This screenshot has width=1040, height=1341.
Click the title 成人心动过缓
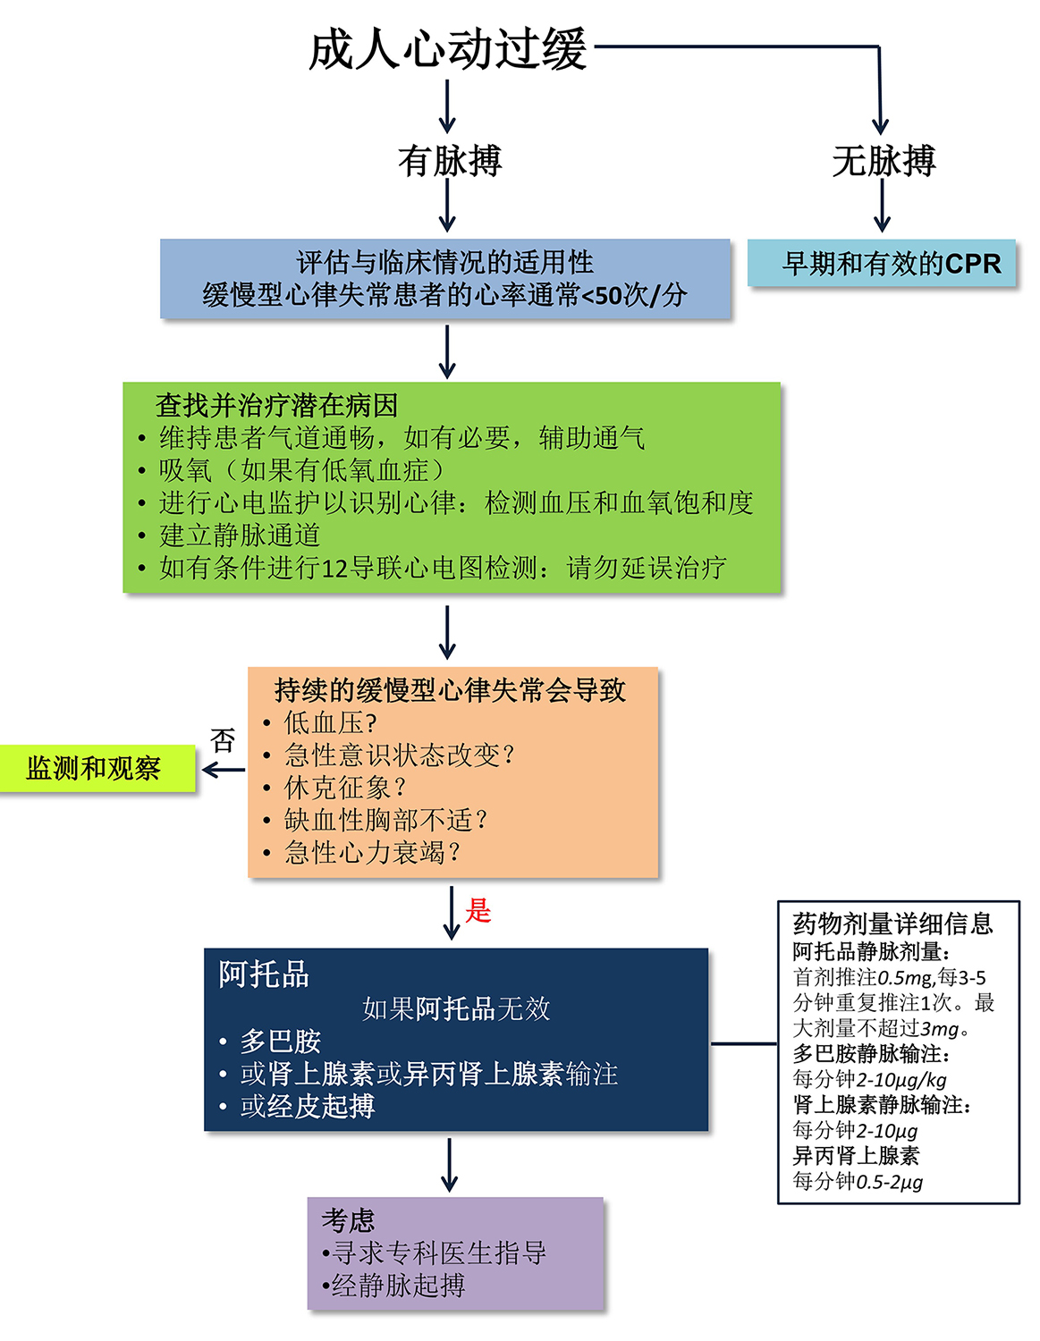(447, 49)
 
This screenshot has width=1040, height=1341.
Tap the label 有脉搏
(449, 160)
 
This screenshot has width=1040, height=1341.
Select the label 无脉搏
(884, 160)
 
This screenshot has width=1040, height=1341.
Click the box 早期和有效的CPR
(881, 263)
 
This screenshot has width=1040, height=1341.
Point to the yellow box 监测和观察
(97, 768)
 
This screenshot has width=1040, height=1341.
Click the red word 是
(478, 910)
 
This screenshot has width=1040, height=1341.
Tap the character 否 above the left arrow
(222, 739)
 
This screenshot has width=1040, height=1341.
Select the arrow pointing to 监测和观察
(223, 770)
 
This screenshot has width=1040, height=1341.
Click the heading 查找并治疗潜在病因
(276, 406)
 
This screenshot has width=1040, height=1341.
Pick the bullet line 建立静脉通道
(240, 535)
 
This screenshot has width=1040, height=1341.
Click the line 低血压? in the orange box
(330, 722)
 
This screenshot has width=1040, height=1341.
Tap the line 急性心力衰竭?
(372, 852)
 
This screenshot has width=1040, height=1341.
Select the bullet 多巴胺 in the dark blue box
(280, 1042)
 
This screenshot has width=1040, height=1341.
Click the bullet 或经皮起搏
(308, 1106)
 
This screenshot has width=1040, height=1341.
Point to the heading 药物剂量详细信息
(892, 924)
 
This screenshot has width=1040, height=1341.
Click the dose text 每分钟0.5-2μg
(858, 1181)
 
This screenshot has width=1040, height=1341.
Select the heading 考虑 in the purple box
(348, 1220)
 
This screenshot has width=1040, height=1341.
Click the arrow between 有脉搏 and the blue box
(447, 206)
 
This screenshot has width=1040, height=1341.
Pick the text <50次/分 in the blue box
(634, 295)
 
